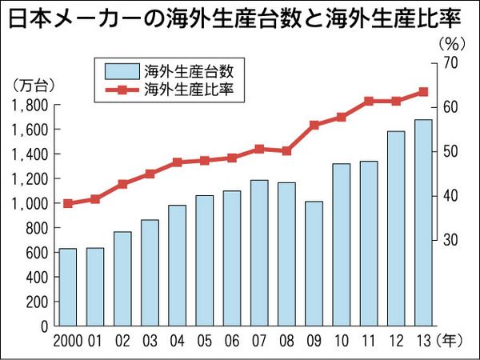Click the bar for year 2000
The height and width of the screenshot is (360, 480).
(68, 287)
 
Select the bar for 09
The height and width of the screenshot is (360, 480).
(314, 264)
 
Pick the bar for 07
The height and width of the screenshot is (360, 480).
(259, 253)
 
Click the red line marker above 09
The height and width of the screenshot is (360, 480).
(314, 125)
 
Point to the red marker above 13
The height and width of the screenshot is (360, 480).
(423, 92)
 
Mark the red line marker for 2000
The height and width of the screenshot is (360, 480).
(68, 203)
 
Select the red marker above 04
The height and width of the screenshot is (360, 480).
(178, 162)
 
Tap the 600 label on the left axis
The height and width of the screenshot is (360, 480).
(37, 253)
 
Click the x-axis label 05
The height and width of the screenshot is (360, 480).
(204, 341)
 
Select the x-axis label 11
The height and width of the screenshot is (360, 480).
(368, 341)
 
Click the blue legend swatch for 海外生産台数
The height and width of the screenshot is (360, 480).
(120, 68)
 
